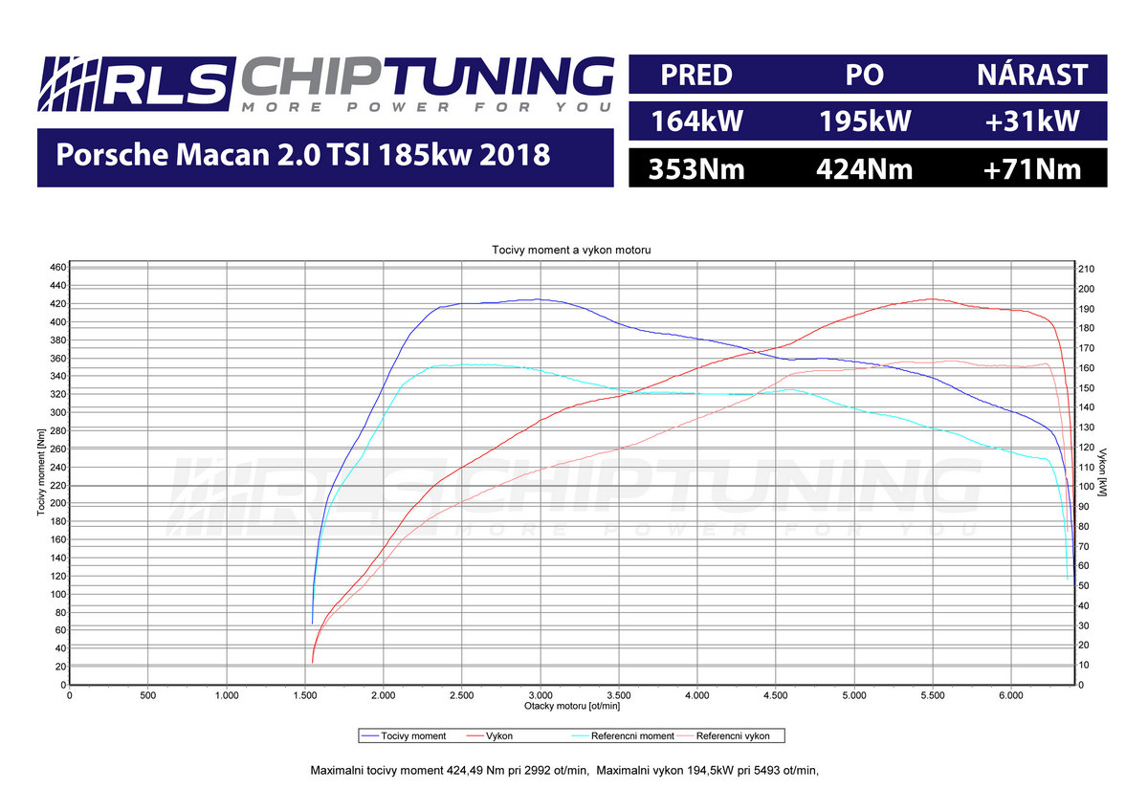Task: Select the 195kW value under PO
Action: click(x=865, y=121)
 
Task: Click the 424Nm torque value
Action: click(x=865, y=169)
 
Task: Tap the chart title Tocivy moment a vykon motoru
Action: click(x=571, y=250)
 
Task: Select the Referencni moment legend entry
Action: click(x=617, y=735)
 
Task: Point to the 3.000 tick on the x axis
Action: click(x=541, y=695)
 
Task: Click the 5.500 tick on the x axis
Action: click(x=933, y=695)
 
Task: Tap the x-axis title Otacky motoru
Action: click(x=571, y=706)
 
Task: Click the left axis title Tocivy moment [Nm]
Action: click(x=42, y=475)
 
